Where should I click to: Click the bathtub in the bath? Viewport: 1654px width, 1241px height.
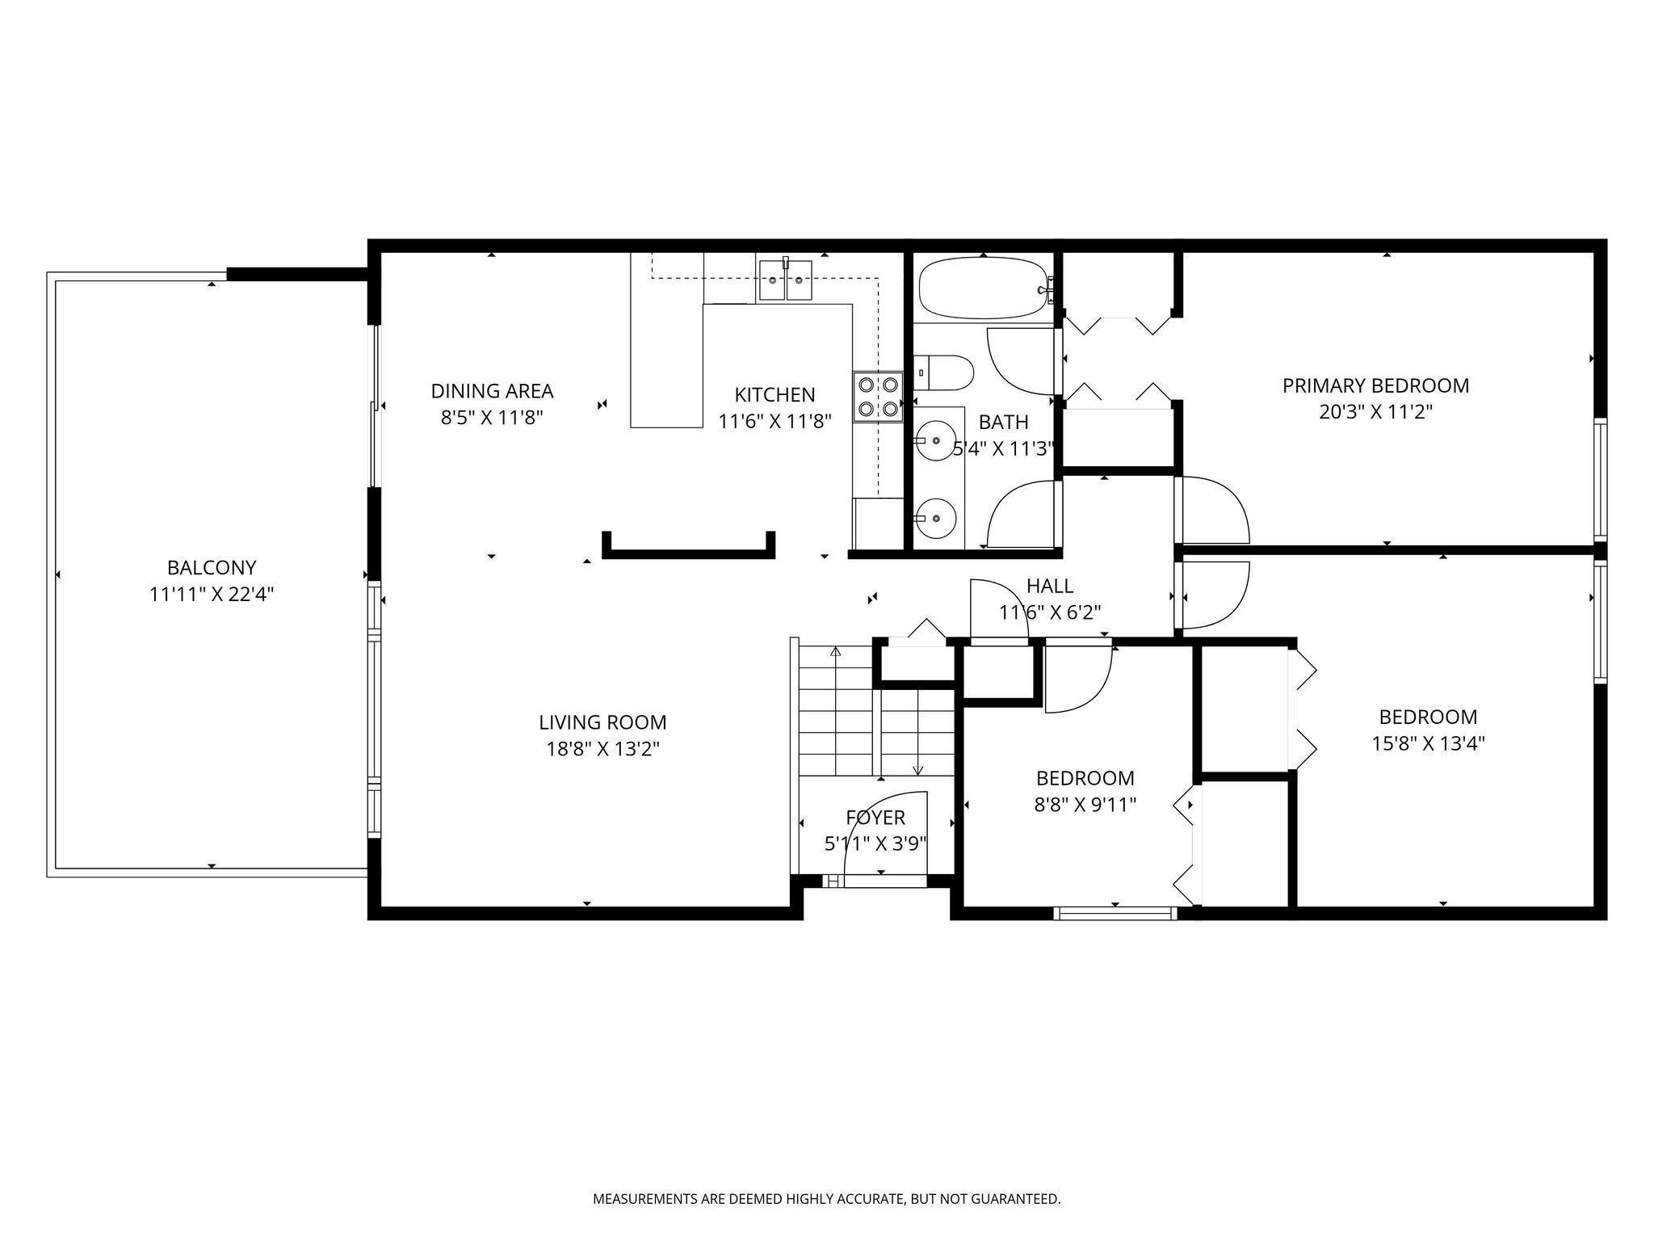pos(984,288)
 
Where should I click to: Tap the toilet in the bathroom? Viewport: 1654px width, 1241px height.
pos(943,372)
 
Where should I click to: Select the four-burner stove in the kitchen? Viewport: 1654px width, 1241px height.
pos(877,397)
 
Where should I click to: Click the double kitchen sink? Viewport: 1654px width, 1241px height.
pos(786,280)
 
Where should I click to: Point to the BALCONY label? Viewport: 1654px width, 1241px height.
pos(212,567)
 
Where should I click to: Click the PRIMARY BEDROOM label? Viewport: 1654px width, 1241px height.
pos(1375,385)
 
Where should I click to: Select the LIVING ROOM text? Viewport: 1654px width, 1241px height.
pos(602,721)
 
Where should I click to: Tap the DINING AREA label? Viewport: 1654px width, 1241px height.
pos(492,391)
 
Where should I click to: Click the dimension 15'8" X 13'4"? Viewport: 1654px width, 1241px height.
pos(1428,743)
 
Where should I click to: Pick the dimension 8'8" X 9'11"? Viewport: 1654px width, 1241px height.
pos(1085,805)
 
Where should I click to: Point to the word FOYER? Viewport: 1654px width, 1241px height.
pos(875,818)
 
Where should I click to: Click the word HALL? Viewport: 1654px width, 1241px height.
pos(1050,586)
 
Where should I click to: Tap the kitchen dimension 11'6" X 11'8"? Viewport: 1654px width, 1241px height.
pos(775,421)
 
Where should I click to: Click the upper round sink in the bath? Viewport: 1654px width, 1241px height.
pos(935,441)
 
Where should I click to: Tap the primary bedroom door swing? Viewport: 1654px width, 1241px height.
pos(1215,510)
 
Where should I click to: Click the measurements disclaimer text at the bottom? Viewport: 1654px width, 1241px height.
pos(826,1199)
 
